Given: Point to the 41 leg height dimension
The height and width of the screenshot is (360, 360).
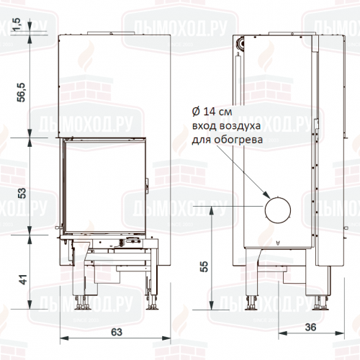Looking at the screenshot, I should [21, 280].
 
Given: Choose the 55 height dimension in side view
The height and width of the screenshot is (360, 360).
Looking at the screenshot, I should [204, 266].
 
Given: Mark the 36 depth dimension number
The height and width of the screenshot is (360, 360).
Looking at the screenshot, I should [311, 327].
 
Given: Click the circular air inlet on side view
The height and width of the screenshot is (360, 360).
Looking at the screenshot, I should [277, 210].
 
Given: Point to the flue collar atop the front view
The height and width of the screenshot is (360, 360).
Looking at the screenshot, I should [112, 31].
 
